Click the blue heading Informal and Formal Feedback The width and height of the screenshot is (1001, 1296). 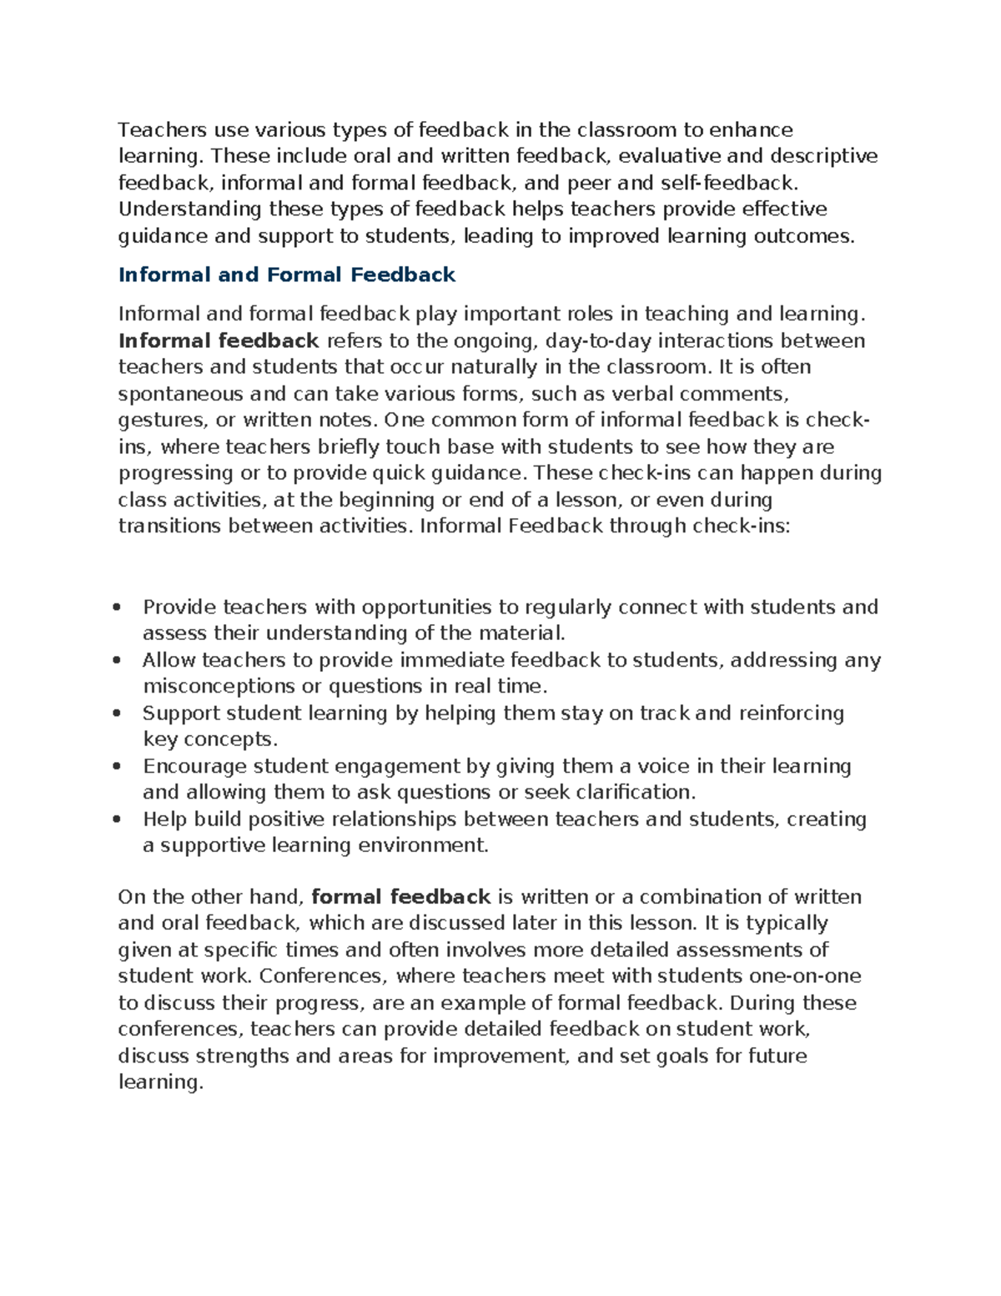coord(287,275)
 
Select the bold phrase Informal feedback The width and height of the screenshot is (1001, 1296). coord(219,340)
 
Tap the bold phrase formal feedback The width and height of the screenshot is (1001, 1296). coord(400,897)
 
